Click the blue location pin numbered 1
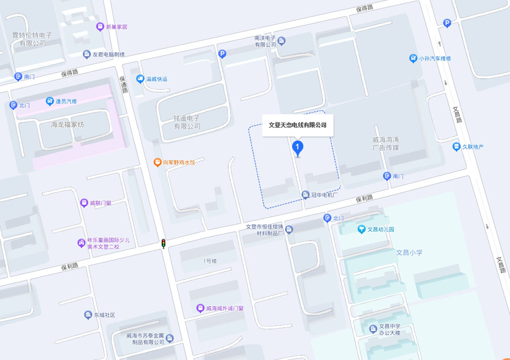tap(297, 147)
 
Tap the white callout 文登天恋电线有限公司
tap(297, 125)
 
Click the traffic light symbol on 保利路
tap(163, 243)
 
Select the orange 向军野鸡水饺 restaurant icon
tap(157, 162)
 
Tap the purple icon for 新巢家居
tap(100, 26)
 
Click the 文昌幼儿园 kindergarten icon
tap(362, 229)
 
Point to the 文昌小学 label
tap(410, 252)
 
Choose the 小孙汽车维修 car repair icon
tap(413, 58)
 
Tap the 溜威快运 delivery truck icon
tap(140, 79)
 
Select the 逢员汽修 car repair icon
tap(50, 101)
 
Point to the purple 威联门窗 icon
tap(84, 203)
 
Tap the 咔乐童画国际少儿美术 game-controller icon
tap(81, 243)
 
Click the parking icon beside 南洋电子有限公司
tap(222, 53)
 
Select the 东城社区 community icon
tap(88, 315)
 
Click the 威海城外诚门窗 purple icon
tap(200, 308)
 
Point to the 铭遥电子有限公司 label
tap(187, 122)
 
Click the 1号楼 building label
tap(210, 261)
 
